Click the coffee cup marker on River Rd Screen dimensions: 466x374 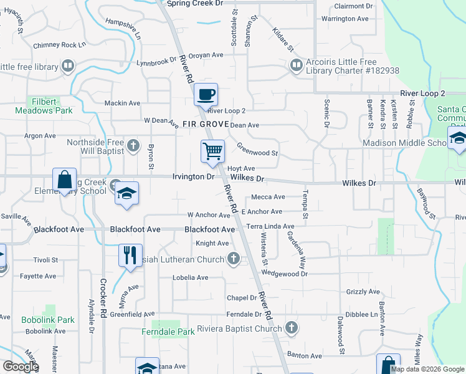coord(206,95)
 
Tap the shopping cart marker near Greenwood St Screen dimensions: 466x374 coord(213,151)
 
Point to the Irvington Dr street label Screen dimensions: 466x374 coord(193,177)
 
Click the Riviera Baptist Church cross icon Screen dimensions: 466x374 coord(291,328)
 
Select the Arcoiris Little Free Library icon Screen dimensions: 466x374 coord(295,64)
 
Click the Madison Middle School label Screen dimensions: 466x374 coord(404,143)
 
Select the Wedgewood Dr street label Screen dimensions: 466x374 coord(285,274)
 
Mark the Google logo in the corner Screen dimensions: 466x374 coord(21,367)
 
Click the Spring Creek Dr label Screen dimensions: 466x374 coord(195,4)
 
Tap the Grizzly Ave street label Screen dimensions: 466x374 coord(363,292)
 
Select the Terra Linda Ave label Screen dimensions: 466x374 coord(270,226)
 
